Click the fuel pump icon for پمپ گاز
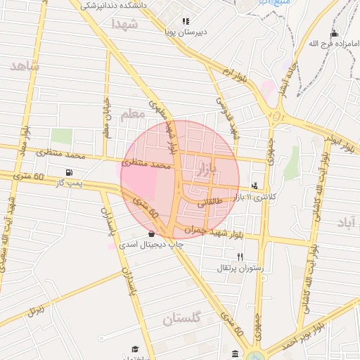click(68, 173)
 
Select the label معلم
click(132, 115)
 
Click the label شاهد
click(25, 66)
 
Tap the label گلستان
click(182, 319)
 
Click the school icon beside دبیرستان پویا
click(186, 22)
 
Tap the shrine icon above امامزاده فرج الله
click(333, 33)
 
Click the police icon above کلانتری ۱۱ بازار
click(254, 186)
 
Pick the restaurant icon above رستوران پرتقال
click(240, 257)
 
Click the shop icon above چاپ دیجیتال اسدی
click(153, 233)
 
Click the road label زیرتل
click(34, 309)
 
